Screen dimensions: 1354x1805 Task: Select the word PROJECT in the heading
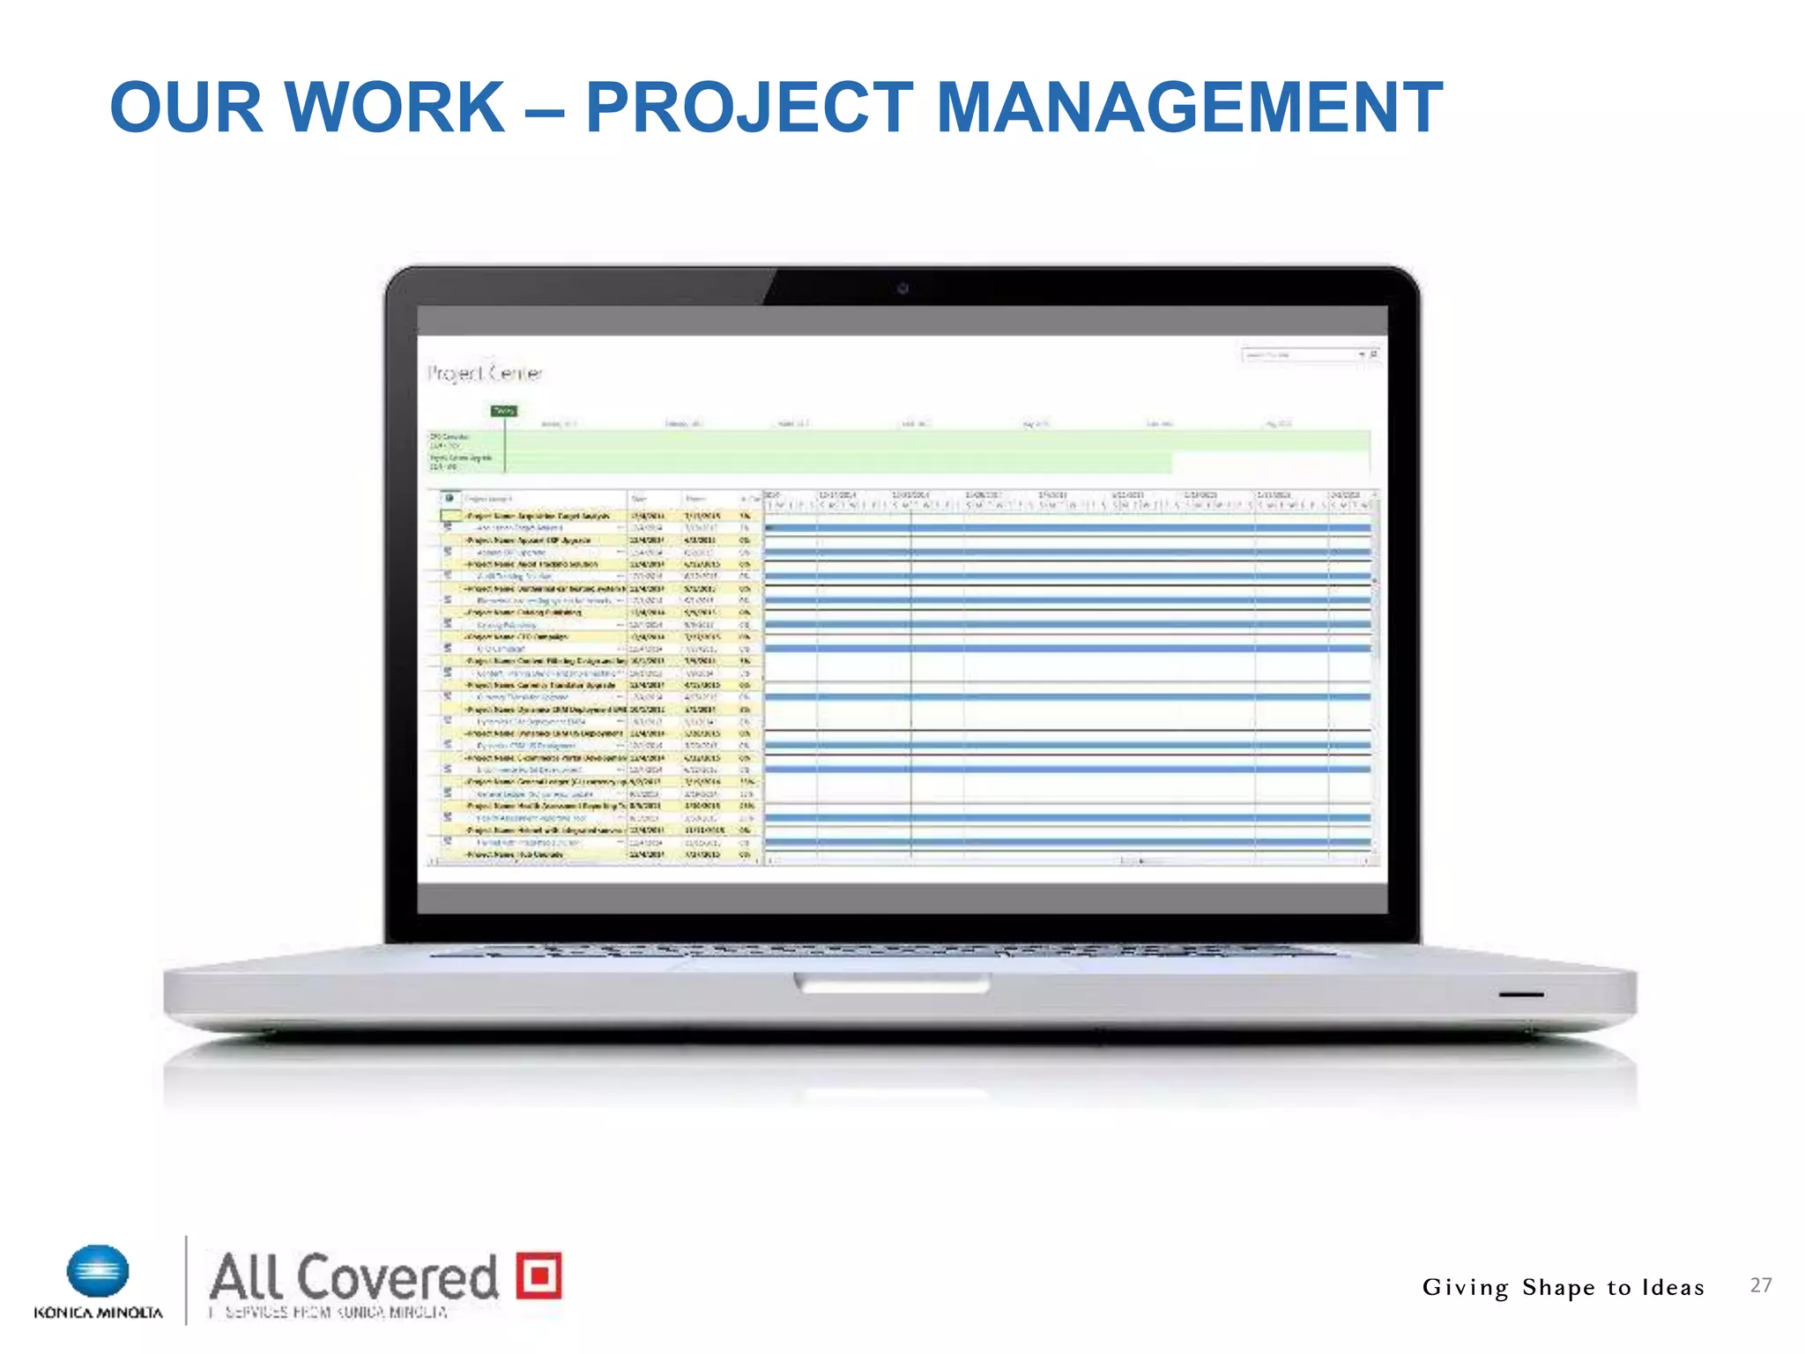749,108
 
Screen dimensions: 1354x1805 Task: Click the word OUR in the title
186,108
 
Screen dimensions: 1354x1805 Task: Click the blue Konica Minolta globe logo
98,1272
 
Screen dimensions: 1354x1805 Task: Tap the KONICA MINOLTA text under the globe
98,1313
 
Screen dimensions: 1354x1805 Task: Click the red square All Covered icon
539,1275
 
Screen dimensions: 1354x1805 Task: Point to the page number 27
1760,1285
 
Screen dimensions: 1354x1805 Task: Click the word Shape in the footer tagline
1558,1288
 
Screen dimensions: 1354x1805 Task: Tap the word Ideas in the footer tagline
1672,1287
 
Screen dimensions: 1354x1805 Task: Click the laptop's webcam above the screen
902,288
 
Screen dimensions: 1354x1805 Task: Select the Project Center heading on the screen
485,374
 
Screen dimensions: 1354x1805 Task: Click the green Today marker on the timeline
504,411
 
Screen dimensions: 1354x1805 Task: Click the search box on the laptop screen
1302,354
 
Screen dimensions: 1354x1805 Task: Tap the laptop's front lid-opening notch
892,982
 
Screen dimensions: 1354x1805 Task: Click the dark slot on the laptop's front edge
1520,994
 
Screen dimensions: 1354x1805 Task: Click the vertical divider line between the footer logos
187,1280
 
